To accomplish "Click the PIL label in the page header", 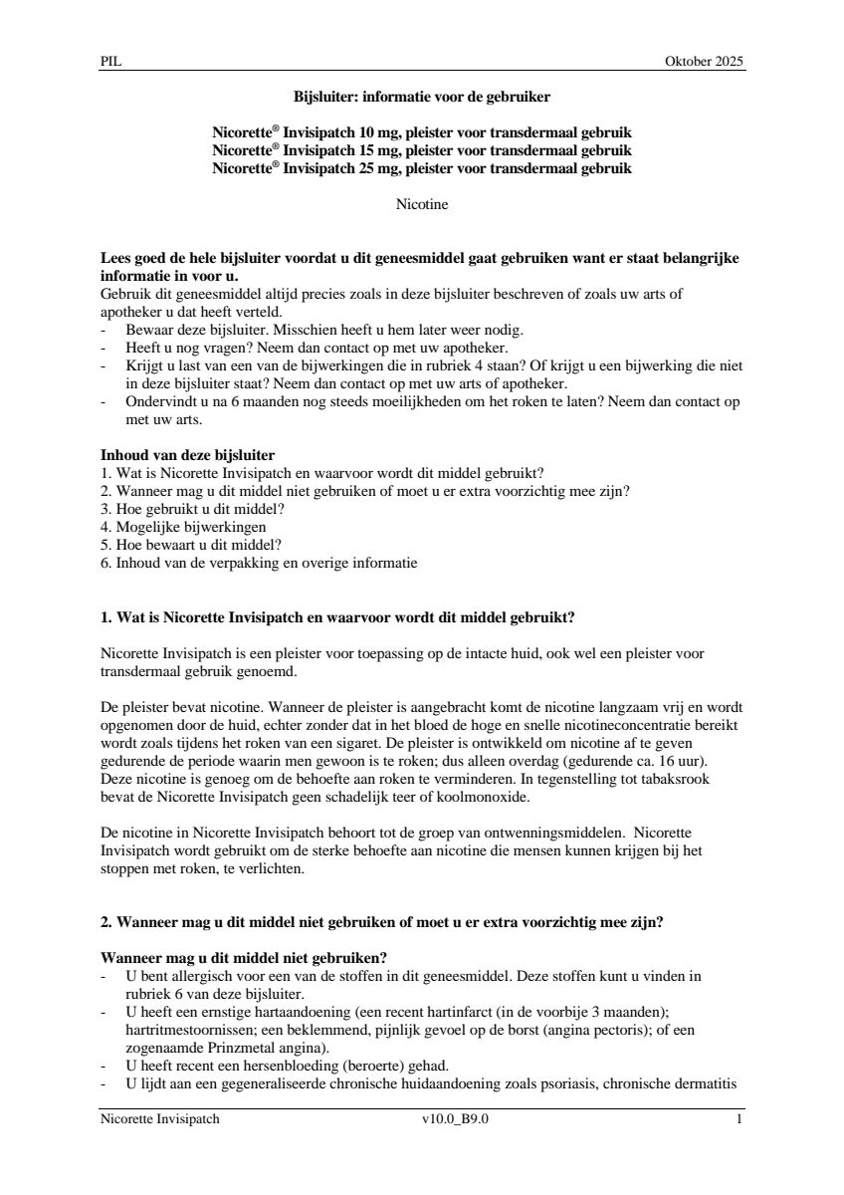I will pos(109,62).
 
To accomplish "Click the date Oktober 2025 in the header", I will pos(704,62).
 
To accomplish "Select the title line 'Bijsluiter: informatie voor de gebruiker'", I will pos(422,98).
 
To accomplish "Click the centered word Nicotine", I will pos(422,205).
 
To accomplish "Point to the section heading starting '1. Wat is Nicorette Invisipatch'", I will pos(337,617).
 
